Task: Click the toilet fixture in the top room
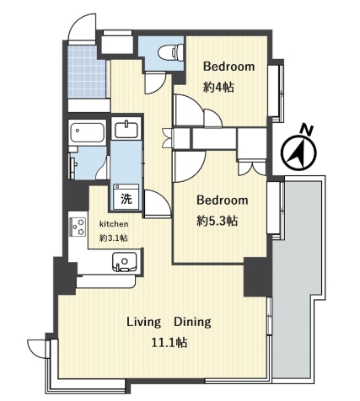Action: click(170, 52)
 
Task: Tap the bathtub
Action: click(88, 132)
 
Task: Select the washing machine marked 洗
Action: click(126, 196)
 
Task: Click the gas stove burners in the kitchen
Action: click(78, 227)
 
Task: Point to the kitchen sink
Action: click(125, 262)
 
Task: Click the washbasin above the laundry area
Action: click(126, 129)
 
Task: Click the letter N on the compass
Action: click(307, 130)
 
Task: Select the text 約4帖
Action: click(218, 88)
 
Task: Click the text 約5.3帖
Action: click(218, 222)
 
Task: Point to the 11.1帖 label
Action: click(169, 343)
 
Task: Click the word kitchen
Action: click(114, 224)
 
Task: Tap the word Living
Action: click(144, 322)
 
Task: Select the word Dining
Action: click(192, 322)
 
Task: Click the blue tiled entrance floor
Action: click(87, 72)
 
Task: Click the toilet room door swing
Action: click(156, 83)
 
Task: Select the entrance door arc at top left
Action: click(81, 27)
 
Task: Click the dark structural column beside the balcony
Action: click(257, 276)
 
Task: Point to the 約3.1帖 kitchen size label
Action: click(114, 238)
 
